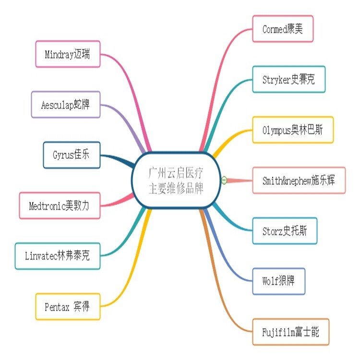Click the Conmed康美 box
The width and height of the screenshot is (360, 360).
pos(283,29)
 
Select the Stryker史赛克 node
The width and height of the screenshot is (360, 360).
pos(289,79)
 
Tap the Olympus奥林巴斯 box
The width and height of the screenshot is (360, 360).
pos(293,130)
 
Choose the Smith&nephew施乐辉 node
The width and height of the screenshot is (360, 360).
pos(299,180)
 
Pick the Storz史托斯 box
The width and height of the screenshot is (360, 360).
pos(285,231)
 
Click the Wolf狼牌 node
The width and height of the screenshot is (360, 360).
pos(279,281)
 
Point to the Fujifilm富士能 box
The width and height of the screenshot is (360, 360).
pos(291,332)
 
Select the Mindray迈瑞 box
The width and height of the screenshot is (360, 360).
pos(68,54)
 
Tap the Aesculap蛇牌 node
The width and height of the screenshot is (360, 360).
pos(66,105)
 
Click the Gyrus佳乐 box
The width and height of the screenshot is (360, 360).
pos(72,155)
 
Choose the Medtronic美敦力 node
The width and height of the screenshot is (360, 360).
pos(60,206)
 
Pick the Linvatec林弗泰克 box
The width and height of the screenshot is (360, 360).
pos(58,256)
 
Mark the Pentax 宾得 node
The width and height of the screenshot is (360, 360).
pos(68,307)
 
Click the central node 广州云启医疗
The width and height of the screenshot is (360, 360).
pos(176,180)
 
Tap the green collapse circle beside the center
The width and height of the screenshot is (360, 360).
pos(224,180)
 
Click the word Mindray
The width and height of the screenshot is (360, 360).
pos(59,55)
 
